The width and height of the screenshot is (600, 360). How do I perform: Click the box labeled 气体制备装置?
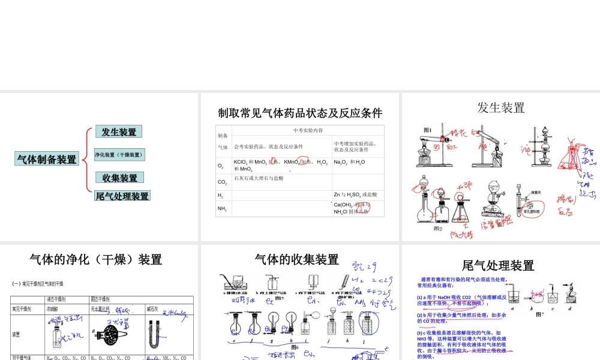(x=47, y=159)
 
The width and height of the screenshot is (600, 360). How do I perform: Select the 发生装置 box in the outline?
(x=119, y=132)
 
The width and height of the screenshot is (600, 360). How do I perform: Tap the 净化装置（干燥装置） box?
(x=119, y=155)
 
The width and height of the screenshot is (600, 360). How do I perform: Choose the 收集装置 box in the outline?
(x=119, y=178)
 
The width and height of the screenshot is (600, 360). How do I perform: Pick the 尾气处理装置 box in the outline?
(x=122, y=196)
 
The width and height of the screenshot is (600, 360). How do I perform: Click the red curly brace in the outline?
(x=88, y=162)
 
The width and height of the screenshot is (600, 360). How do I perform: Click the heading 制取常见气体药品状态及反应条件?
(x=300, y=113)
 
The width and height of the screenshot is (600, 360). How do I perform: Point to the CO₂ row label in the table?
(x=222, y=181)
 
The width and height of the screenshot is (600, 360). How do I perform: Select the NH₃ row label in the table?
(x=222, y=208)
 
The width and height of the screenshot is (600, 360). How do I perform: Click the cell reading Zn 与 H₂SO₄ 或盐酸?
(x=356, y=194)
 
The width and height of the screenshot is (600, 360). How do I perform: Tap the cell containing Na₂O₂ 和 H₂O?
(x=349, y=162)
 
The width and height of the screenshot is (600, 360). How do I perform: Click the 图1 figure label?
(x=428, y=130)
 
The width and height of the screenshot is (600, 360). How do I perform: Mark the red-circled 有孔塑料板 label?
(x=530, y=211)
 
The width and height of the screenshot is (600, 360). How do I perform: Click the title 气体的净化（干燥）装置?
(x=96, y=260)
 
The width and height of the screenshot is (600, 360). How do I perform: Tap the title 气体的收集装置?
(x=297, y=260)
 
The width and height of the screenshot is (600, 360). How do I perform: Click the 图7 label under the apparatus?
(x=539, y=314)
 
